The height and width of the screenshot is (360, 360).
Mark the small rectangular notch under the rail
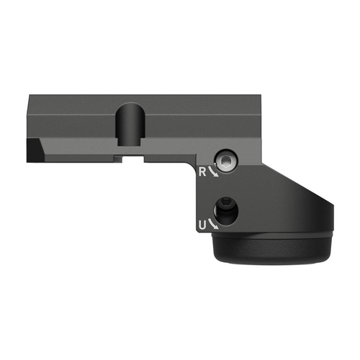131,153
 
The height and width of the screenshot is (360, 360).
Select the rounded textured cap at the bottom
274,252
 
